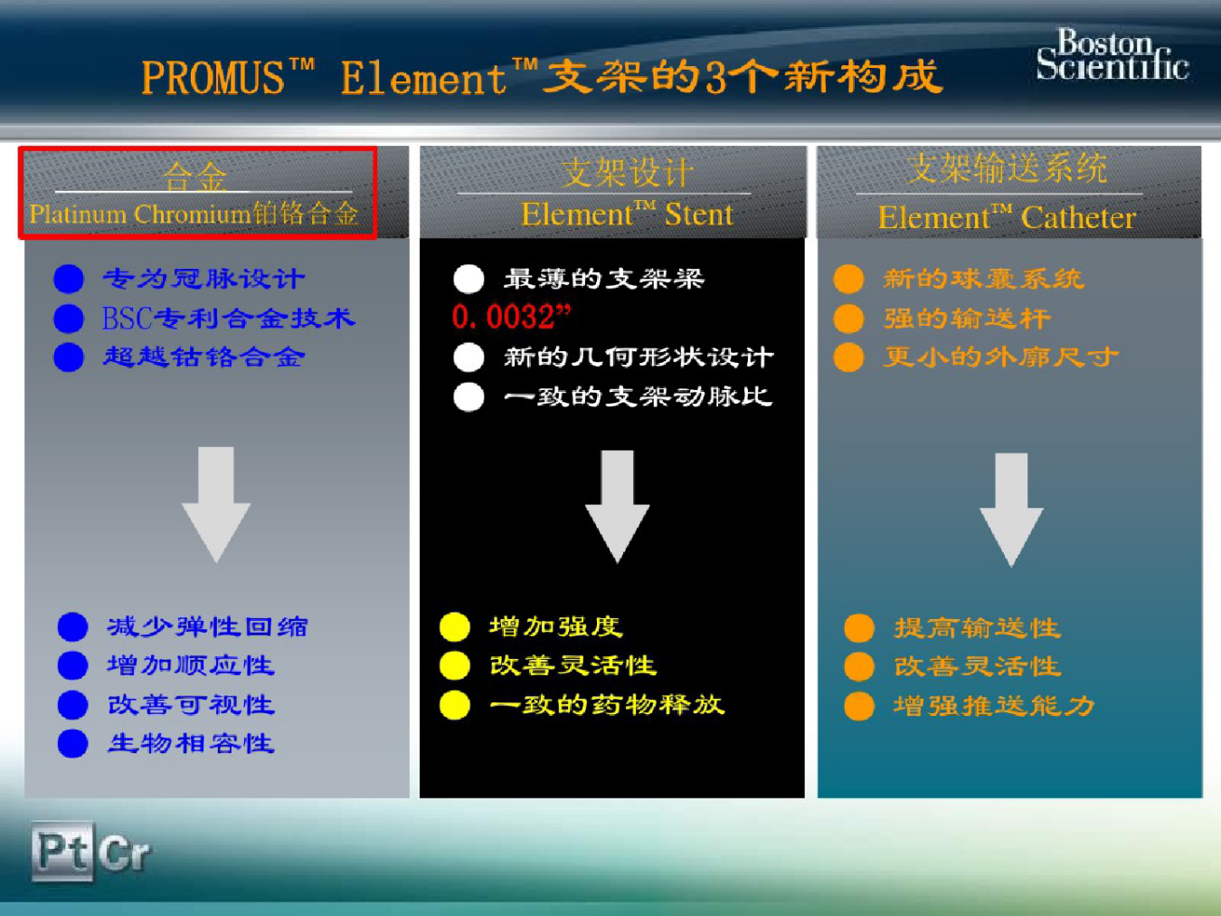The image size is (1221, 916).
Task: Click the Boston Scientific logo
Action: (1112, 54)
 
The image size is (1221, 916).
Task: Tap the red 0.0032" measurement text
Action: (511, 317)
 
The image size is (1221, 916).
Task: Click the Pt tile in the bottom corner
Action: (62, 852)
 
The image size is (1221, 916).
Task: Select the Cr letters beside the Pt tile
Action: (125, 852)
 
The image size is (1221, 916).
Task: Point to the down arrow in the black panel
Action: (617, 506)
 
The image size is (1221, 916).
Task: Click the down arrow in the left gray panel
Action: (216, 504)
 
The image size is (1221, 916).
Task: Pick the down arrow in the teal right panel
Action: (1011, 510)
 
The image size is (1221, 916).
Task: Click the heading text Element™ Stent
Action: (627, 215)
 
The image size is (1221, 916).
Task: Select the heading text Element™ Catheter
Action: (1007, 217)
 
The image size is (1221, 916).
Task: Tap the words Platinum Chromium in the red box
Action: (140, 215)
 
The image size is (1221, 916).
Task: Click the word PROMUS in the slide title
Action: (213, 77)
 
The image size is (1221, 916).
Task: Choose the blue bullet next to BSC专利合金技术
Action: (69, 319)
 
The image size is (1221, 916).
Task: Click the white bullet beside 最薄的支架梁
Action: (469, 279)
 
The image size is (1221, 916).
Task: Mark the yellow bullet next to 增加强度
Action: (455, 627)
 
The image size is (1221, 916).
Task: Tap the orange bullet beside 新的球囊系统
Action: (849, 279)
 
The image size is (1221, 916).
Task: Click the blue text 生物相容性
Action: (191, 743)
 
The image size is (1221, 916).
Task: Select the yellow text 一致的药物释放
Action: (607, 705)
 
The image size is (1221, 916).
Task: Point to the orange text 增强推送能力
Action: (994, 706)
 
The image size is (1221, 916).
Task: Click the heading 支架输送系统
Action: (1007, 168)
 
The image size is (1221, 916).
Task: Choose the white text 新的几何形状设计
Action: (639, 357)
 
